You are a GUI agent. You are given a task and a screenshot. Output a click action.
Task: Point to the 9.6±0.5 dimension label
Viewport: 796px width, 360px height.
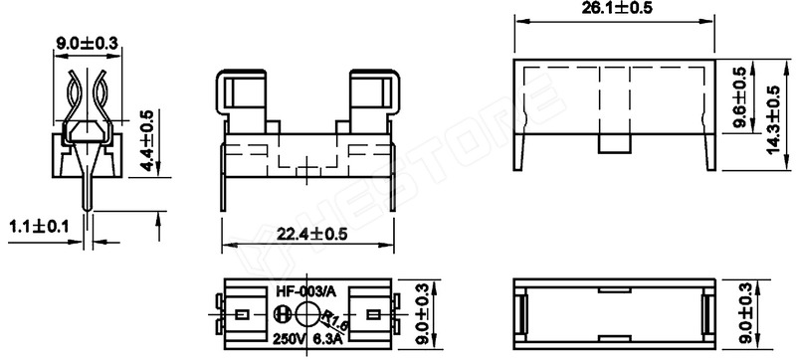[739, 96]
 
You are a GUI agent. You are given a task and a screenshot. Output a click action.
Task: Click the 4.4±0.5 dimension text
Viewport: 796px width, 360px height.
[146, 140]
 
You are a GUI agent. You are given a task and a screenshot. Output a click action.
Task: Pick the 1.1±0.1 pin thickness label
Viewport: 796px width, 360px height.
[39, 226]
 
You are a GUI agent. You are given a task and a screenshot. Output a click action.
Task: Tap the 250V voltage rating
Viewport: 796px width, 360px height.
[290, 338]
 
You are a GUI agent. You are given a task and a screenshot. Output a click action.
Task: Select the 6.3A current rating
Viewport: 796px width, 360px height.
[327, 339]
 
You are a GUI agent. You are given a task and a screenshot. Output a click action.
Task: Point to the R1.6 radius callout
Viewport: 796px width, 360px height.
[335, 320]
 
